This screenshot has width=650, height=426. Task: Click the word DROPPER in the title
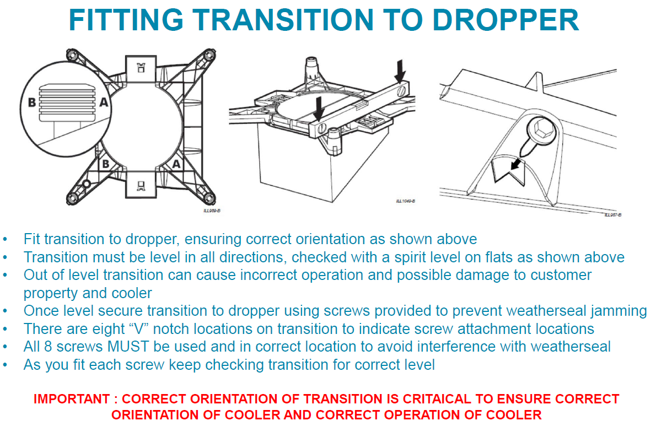pos(506,19)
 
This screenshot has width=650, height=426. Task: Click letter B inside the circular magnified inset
pos(31,103)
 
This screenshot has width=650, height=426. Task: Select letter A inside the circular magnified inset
pos(104,101)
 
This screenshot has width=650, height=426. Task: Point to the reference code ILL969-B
pos(211,211)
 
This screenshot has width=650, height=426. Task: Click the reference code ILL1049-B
pos(405,201)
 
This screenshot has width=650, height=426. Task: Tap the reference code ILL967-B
pos(613,215)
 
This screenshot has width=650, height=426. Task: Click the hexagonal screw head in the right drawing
pos(542,131)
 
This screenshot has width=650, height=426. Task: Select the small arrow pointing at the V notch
pos(515,163)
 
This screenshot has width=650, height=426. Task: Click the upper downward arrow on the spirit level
pos(400,71)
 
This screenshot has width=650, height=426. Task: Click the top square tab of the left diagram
pos(141,69)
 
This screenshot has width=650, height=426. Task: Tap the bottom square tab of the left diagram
pos(141,184)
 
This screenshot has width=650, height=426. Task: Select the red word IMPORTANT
pos(72,399)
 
